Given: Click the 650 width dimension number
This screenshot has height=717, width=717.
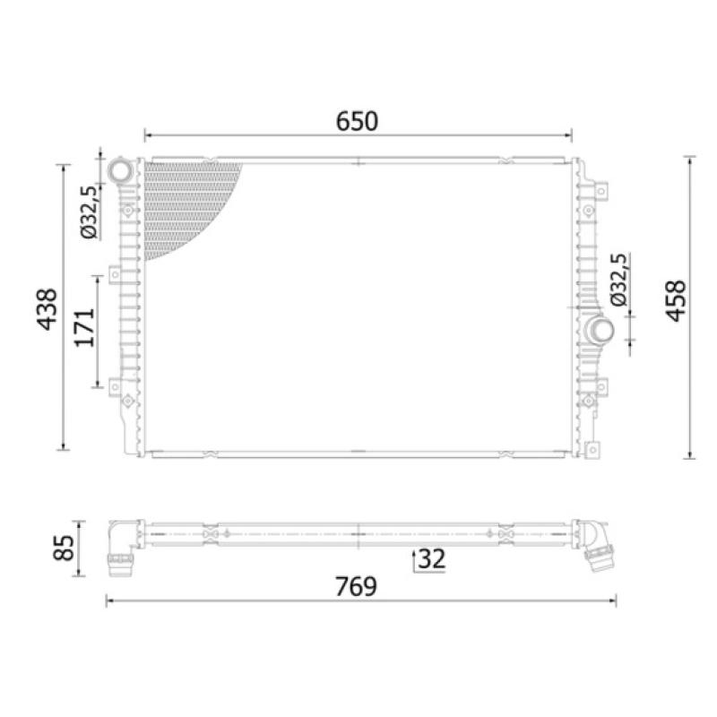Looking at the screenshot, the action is pos(357,121).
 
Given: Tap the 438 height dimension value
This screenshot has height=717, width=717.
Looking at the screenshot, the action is pos(48,309).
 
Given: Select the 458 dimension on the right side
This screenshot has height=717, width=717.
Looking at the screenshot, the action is pos(676,301).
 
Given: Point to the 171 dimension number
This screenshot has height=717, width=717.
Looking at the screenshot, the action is pos(85,327).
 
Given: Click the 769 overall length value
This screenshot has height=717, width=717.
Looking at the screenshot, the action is pos(356,587).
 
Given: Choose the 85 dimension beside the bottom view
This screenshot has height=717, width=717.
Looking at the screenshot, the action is pos(63,548).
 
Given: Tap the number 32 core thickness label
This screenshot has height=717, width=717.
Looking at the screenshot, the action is pos(432,558).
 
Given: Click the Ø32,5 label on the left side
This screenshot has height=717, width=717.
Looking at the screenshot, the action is pos(89,212).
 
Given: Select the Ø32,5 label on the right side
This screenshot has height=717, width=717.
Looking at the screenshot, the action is pos(619,280).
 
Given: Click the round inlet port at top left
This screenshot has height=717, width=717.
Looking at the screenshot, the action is pos(120,170).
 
